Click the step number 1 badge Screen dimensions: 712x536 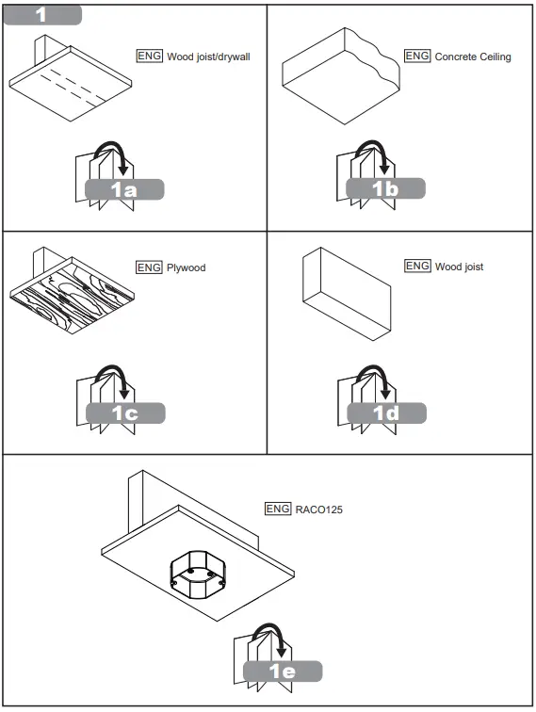click(41, 15)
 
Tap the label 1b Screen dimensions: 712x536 click(385, 189)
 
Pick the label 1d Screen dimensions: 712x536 click(385, 413)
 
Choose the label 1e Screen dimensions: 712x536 click(282, 672)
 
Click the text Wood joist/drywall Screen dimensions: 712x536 click(208, 57)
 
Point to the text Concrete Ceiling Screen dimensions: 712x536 click(473, 57)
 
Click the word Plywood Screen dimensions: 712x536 click(186, 267)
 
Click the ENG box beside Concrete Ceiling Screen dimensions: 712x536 click(417, 57)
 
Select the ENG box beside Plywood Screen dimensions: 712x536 click(149, 267)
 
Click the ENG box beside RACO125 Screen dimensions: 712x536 click(278, 509)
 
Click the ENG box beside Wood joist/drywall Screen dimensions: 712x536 click(149, 57)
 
